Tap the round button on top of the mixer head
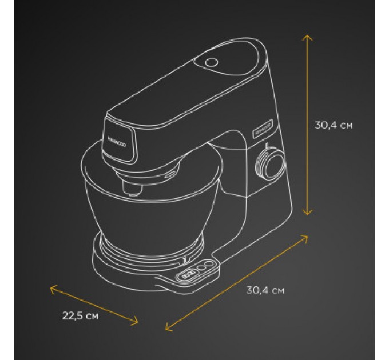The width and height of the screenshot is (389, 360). coord(212,62)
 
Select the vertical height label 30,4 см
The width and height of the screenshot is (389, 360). coord(334,126)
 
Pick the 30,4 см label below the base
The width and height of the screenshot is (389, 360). coord(265,290)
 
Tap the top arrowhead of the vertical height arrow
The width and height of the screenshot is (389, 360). coord(308,35)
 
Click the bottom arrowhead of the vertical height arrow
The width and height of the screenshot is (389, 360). coord(308,214)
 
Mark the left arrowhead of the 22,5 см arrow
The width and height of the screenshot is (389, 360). coord(52,287)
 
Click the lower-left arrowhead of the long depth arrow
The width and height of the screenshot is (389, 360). coord(166,329)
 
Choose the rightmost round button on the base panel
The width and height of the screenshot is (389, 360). coord(212,263)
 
